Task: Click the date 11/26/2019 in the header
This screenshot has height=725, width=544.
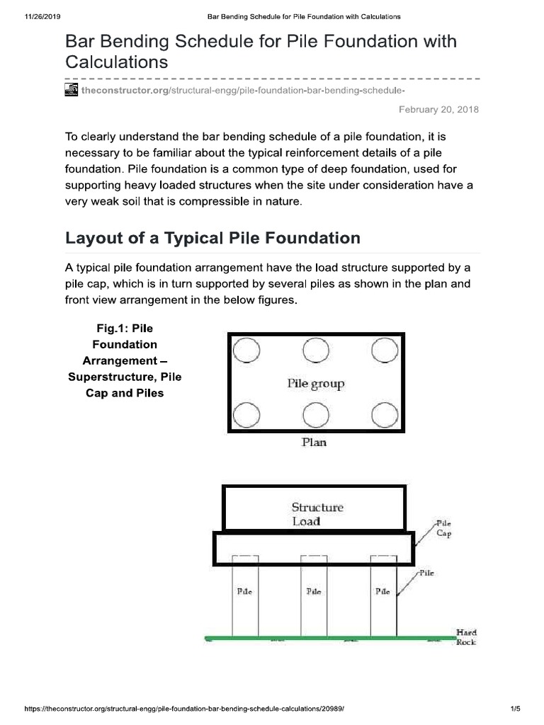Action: pyautogui.click(x=26, y=16)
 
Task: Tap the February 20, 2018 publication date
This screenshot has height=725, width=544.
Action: pyautogui.click(x=439, y=110)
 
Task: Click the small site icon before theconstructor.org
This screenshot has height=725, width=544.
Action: pyautogui.click(x=72, y=90)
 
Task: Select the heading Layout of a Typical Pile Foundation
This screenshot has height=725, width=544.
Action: pyautogui.click(x=212, y=238)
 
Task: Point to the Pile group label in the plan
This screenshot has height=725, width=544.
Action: pyautogui.click(x=315, y=384)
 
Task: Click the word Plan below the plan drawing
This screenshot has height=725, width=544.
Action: pyautogui.click(x=314, y=444)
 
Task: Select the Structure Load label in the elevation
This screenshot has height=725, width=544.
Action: pyautogui.click(x=317, y=514)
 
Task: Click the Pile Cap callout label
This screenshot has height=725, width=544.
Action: pyautogui.click(x=443, y=529)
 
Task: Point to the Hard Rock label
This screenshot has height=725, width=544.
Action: pyautogui.click(x=467, y=636)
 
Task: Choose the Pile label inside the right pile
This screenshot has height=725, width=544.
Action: pyautogui.click(x=382, y=591)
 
